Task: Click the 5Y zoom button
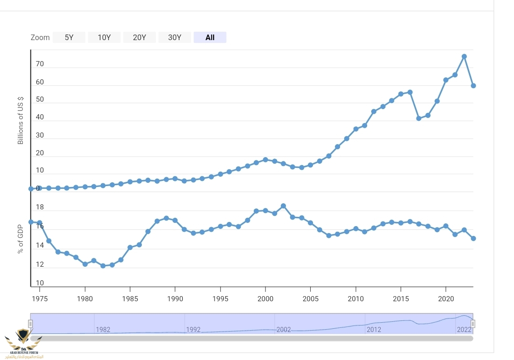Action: point(69,37)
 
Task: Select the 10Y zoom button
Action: point(104,37)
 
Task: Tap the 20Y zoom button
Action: point(139,37)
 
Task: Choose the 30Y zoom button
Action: point(174,37)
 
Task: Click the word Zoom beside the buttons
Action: point(40,37)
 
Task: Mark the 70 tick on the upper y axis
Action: point(40,64)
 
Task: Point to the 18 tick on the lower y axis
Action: point(40,207)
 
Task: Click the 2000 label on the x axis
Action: point(265,298)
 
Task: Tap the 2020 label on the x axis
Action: point(446,298)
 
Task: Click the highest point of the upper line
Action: point(464,56)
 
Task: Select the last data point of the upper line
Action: point(473,86)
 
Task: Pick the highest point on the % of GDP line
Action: point(283,206)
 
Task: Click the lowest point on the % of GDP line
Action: point(103,266)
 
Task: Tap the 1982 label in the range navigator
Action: point(103,330)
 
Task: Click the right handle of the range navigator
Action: point(472,324)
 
